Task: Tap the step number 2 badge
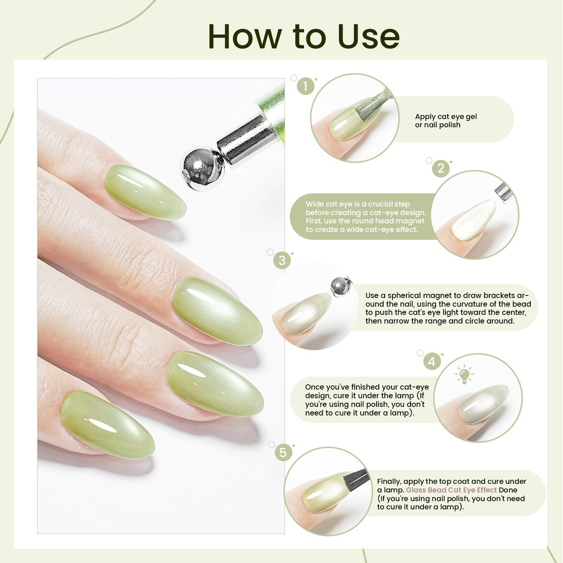[441, 168]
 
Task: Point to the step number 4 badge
[432, 361]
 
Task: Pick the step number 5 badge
[283, 453]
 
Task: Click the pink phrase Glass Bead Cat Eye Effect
[452, 490]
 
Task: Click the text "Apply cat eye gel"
[446, 117]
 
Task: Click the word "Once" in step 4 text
[314, 387]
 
